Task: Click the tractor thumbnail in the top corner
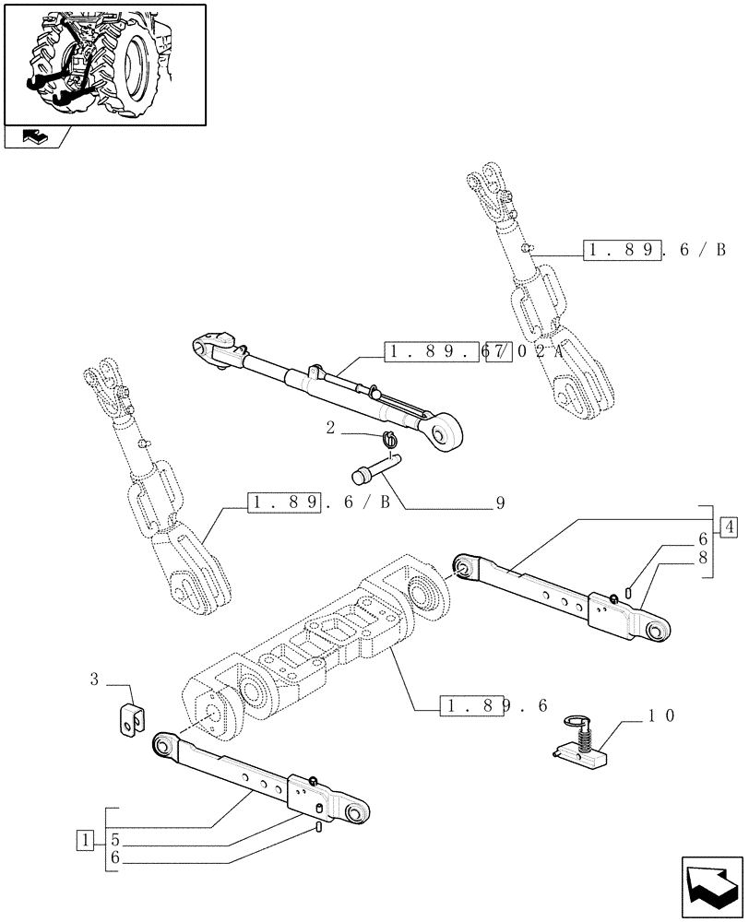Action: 105,64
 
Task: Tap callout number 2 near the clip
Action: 329,429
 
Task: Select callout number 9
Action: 501,504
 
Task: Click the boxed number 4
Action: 730,528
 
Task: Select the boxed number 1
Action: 86,840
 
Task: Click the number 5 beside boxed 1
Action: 114,841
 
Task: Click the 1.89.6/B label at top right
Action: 655,249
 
